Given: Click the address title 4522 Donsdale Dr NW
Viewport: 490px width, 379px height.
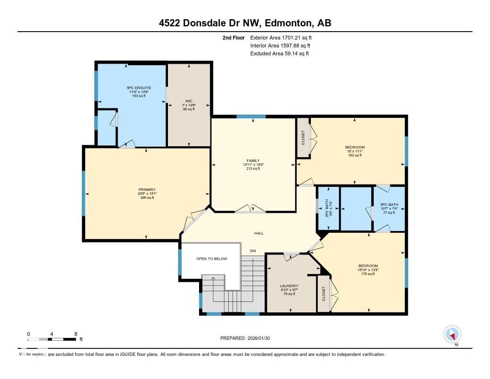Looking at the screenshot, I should (245, 23).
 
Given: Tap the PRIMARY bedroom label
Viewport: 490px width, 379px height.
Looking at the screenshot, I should (147, 190).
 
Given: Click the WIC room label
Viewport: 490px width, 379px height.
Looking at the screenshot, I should (189, 101).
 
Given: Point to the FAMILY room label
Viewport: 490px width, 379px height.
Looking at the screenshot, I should (253, 161).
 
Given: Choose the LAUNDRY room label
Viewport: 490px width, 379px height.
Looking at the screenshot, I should (289, 286).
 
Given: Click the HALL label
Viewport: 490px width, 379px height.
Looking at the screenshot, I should (258, 233).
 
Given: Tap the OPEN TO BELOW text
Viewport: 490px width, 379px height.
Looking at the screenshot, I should (212, 259).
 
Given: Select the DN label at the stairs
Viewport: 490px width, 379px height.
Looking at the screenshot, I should (254, 251).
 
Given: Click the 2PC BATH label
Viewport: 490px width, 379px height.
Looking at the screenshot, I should (329, 209).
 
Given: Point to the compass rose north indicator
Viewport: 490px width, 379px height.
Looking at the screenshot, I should (452, 334).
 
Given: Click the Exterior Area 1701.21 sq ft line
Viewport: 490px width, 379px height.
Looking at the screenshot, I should (284, 37).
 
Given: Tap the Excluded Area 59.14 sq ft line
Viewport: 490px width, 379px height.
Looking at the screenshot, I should (279, 54).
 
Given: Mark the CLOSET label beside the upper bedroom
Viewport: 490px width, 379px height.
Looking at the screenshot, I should (303, 138).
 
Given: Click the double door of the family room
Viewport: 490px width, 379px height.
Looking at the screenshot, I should (250, 209).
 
